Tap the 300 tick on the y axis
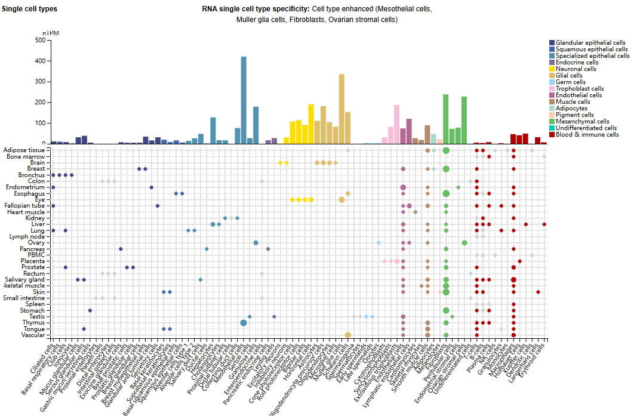tap(40, 82)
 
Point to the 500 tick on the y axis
tap(40, 41)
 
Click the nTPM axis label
tap(51, 33)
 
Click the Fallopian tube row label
tap(24, 206)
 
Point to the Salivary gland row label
tap(24, 280)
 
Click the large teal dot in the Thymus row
tap(244, 323)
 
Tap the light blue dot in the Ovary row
tap(378, 243)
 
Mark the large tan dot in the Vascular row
tap(347, 335)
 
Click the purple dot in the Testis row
tap(274, 317)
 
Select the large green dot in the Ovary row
tap(464, 243)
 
